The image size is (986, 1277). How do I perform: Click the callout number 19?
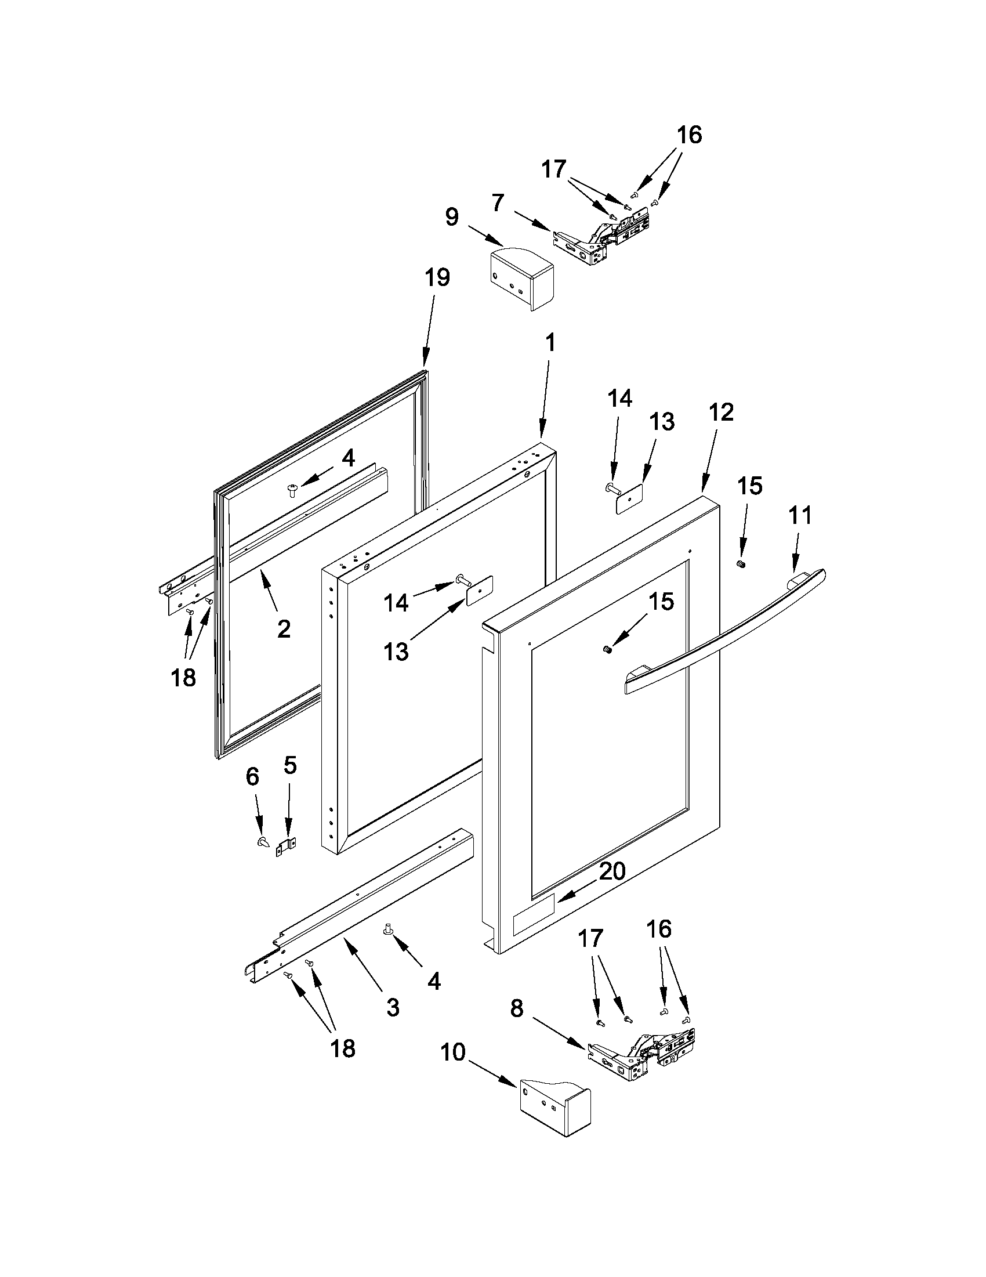437,277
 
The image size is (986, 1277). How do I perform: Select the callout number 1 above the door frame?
549,343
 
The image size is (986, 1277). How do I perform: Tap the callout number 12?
721,412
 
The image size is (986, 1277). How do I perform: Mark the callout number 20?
612,887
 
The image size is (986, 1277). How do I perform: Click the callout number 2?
284,629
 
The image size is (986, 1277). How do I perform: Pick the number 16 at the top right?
689,135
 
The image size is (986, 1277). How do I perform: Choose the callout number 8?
517,1008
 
